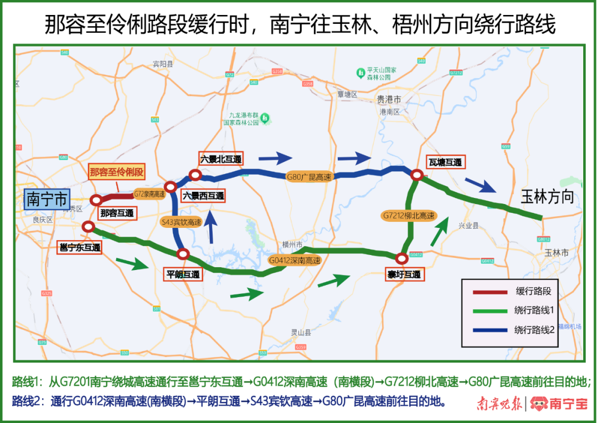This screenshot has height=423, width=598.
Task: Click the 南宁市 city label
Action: click(47, 200)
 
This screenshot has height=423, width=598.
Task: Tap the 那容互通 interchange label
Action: click(117, 213)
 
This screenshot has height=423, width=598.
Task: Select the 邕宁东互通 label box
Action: click(80, 248)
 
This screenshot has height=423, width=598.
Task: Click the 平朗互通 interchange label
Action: click(183, 274)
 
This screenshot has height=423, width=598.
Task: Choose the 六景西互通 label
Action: click(204, 196)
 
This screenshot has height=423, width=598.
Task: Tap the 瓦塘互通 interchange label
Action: click(445, 162)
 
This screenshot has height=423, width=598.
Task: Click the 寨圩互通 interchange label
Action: click(404, 274)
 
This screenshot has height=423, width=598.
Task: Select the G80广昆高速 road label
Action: click(308, 177)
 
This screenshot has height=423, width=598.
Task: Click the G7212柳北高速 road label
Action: click(409, 216)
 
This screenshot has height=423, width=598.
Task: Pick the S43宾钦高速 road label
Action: click(181, 222)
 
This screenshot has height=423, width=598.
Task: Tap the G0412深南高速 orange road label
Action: click(295, 260)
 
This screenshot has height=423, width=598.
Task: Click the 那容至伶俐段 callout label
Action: click(116, 172)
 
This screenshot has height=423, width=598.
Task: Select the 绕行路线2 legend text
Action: click(534, 329)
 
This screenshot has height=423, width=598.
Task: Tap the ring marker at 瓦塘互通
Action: click(417, 175)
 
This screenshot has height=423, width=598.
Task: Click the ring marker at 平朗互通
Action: click(183, 254)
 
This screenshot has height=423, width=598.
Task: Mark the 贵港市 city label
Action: click(389, 100)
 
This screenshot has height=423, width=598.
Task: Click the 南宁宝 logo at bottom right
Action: click(559, 404)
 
